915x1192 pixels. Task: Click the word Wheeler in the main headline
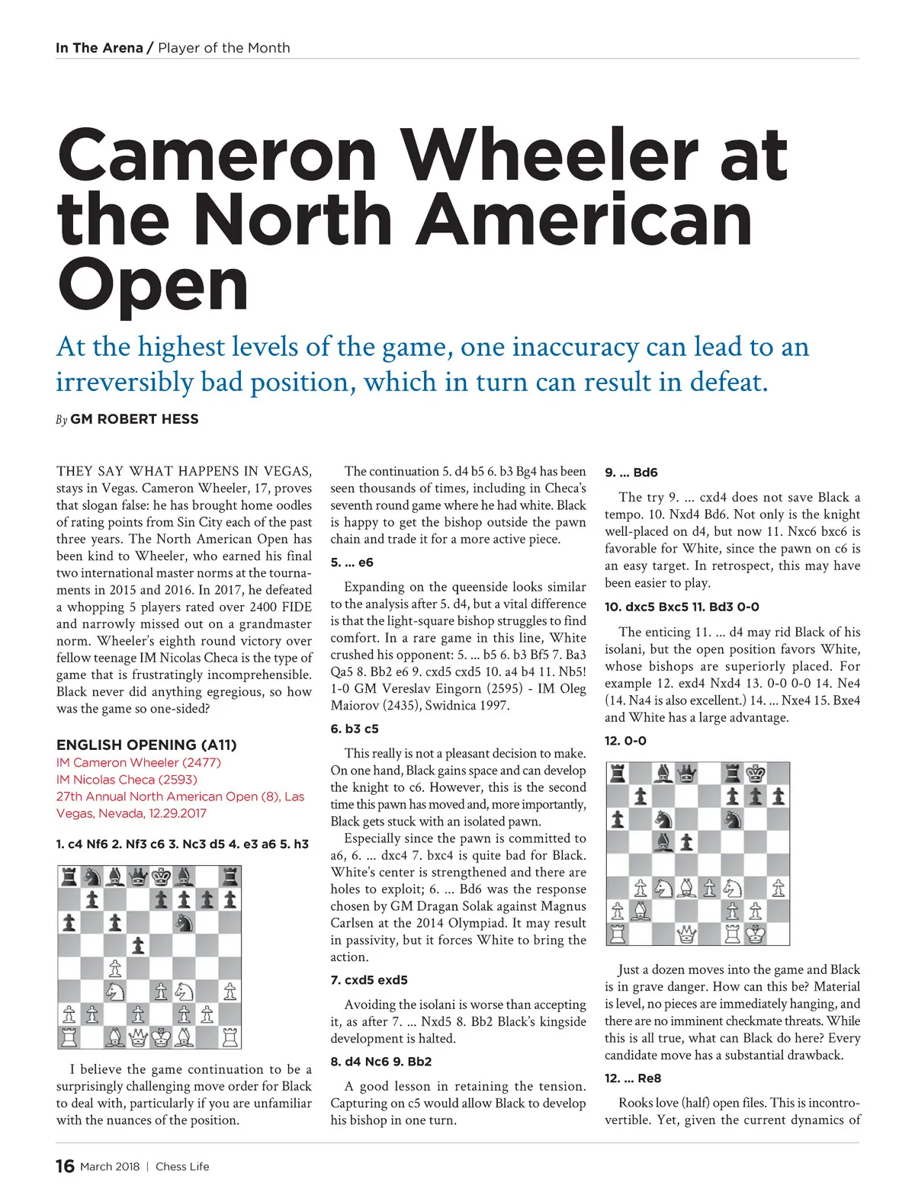pyautogui.click(x=548, y=156)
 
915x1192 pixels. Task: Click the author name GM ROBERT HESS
pyautogui.click(x=134, y=419)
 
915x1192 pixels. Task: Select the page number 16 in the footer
pyautogui.click(x=65, y=1166)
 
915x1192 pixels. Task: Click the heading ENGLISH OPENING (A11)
pyautogui.click(x=146, y=745)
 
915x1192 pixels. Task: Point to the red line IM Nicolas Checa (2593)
pyautogui.click(x=127, y=780)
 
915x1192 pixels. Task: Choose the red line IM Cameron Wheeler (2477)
pyautogui.click(x=139, y=762)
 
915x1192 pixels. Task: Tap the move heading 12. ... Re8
pyautogui.click(x=633, y=1078)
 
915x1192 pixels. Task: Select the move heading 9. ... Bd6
pyautogui.click(x=631, y=473)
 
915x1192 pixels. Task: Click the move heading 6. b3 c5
pyautogui.click(x=355, y=729)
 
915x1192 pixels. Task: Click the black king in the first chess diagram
pyautogui.click(x=161, y=877)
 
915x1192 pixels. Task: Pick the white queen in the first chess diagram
pyautogui.click(x=138, y=1037)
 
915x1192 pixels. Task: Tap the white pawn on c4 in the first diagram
pyautogui.click(x=115, y=969)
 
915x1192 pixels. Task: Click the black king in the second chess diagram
pyautogui.click(x=755, y=774)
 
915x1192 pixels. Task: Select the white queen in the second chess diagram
pyautogui.click(x=686, y=934)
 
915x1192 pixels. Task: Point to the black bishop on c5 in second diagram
pyautogui.click(x=663, y=843)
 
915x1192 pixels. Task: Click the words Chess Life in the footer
pyautogui.click(x=182, y=1167)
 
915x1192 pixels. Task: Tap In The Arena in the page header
pyautogui.click(x=99, y=48)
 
